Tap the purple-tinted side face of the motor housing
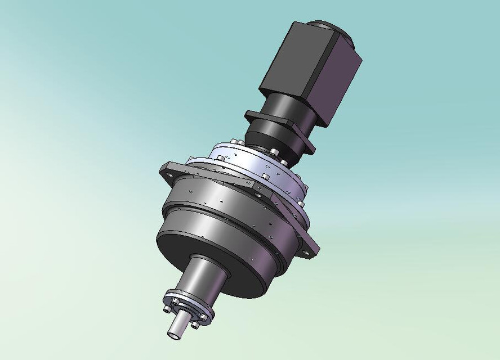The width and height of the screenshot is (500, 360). tap(338, 79)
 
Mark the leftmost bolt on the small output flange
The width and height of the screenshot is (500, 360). tap(168, 308)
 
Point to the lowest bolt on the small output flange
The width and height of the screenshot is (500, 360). tap(195, 325)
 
